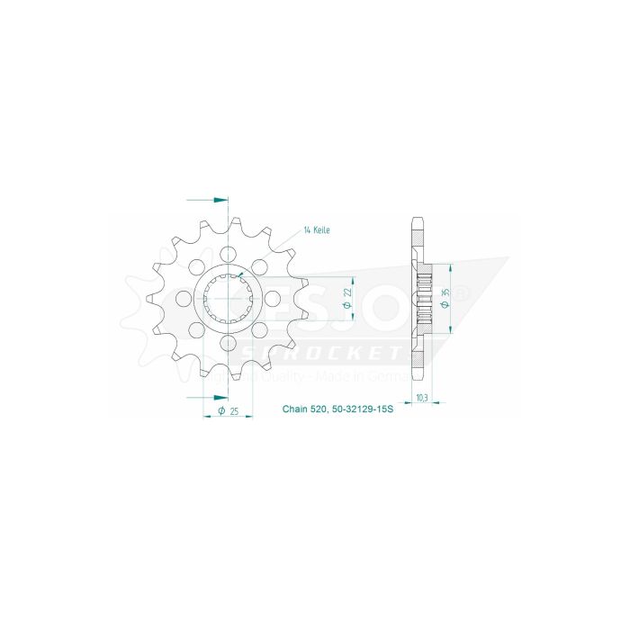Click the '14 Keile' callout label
pos(317,231)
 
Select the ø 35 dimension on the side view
pos(447,300)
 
